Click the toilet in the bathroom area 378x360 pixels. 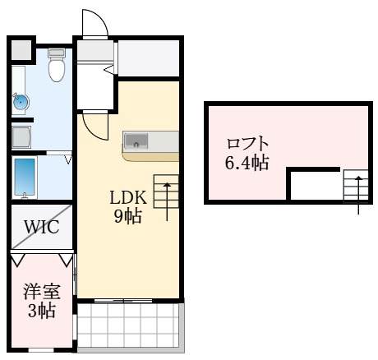pyautogui.click(x=57, y=67)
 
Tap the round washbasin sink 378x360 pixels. pyautogui.click(x=21, y=102)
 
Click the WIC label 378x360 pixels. pyautogui.click(x=40, y=227)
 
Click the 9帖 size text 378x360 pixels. pyautogui.click(x=128, y=217)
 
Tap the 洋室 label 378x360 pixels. pyautogui.click(x=39, y=292)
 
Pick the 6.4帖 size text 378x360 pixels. pyautogui.click(x=247, y=162)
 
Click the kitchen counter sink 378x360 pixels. pyautogui.click(x=135, y=141)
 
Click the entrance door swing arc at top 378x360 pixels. pyautogui.click(x=94, y=25)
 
